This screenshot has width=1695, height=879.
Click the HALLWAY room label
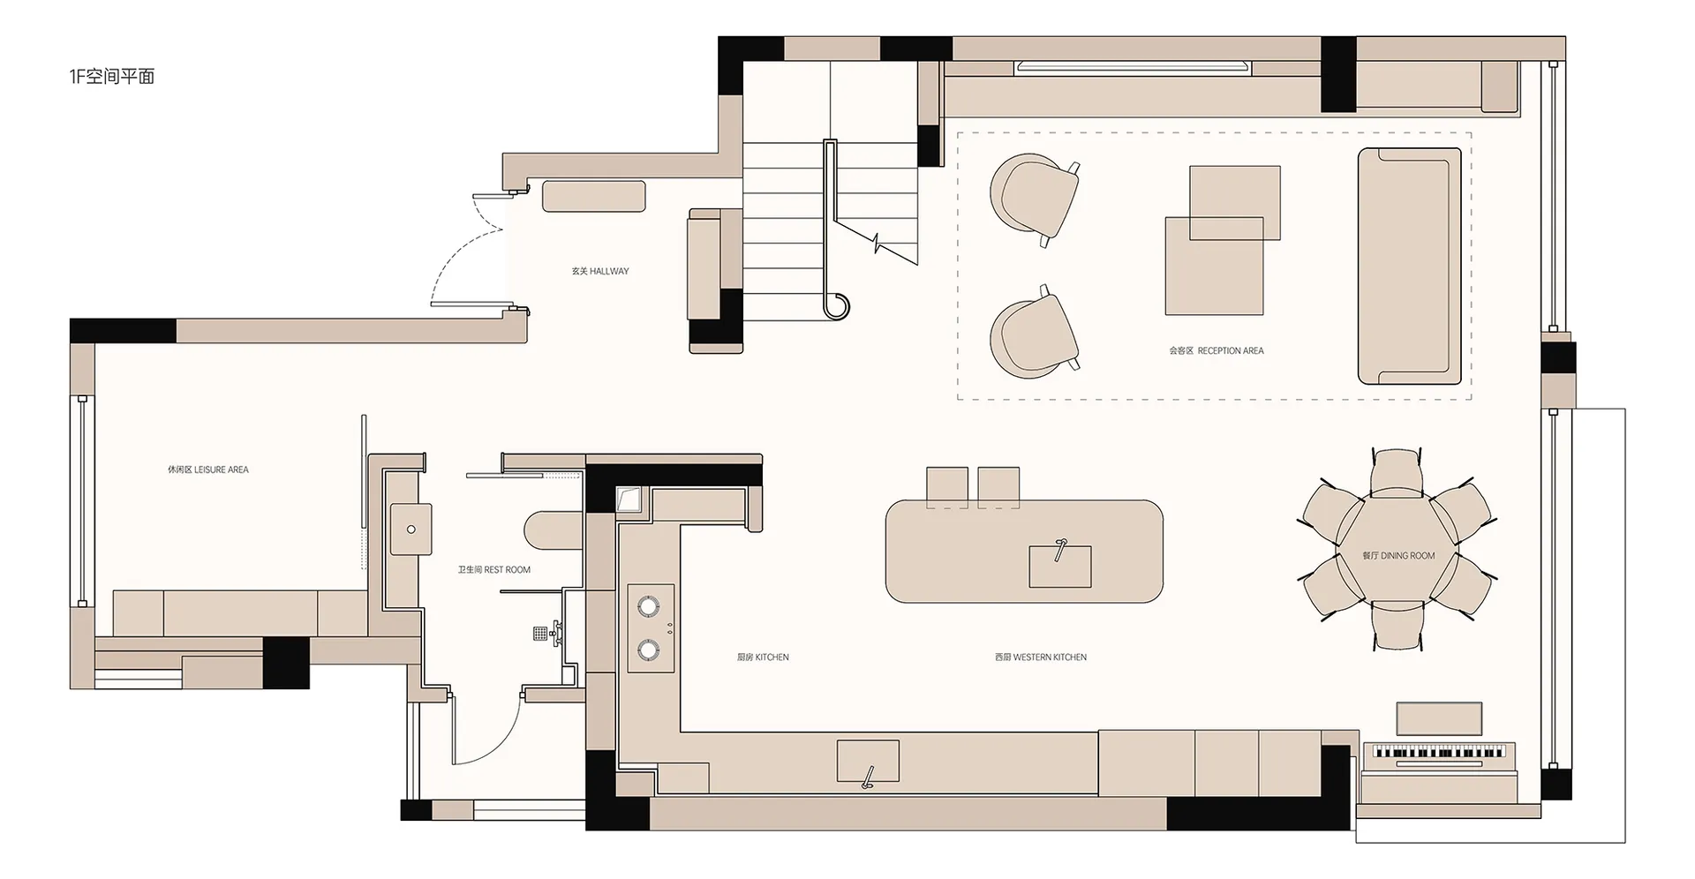[x=600, y=271]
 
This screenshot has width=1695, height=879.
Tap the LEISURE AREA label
[x=208, y=470]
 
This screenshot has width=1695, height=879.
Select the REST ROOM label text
[x=494, y=569]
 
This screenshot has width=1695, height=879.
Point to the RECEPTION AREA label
[x=1217, y=350]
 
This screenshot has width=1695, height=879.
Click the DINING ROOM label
[x=1398, y=555]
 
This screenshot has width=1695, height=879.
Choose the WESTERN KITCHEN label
[x=1041, y=657]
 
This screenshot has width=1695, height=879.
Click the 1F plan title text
[x=112, y=77]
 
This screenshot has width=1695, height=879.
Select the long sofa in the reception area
[x=1410, y=267]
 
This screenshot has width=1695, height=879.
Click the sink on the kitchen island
[x=1059, y=565]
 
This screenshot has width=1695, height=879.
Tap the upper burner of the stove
[x=649, y=606]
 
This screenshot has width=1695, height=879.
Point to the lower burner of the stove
[x=649, y=650]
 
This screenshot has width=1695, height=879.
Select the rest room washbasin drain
[x=411, y=530]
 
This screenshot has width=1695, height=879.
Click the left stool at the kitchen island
[x=947, y=487]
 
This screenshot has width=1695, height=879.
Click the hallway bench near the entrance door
[x=594, y=196]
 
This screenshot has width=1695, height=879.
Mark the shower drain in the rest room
[x=539, y=633]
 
